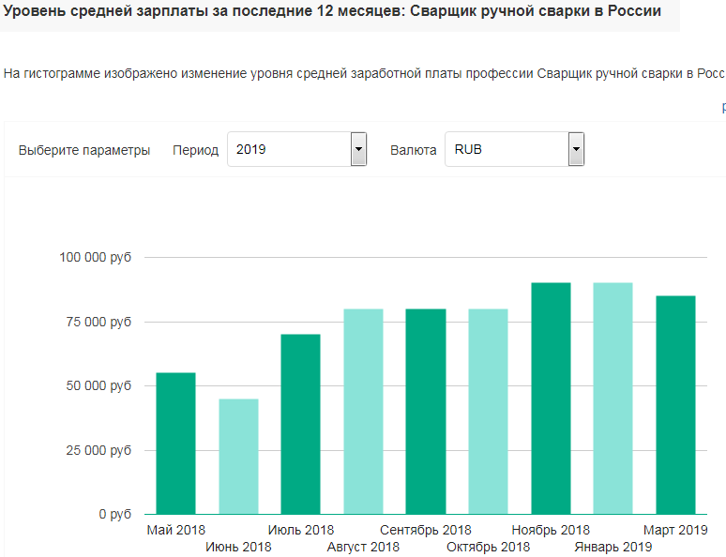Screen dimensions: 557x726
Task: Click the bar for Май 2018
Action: tap(175, 444)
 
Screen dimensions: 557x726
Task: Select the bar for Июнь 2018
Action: tap(238, 457)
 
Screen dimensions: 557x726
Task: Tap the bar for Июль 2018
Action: tap(300, 424)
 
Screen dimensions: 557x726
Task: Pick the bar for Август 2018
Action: tap(363, 412)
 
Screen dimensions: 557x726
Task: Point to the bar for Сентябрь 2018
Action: tap(426, 412)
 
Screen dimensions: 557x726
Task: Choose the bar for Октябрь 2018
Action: tap(488, 412)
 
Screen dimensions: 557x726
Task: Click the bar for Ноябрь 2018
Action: tap(551, 399)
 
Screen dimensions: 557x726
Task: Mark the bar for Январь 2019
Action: tap(613, 399)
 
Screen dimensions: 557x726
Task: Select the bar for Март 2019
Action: tap(675, 405)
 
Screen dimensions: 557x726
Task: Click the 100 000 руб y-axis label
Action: tap(94, 257)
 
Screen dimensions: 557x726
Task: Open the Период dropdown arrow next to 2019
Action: tap(358, 149)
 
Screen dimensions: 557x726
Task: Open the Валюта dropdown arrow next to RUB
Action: tap(576, 149)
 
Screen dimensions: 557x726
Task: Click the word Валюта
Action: tap(413, 150)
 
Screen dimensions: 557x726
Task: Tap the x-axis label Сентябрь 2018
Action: tap(426, 531)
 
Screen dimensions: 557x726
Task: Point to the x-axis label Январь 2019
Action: tap(613, 547)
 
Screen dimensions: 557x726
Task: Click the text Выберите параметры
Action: tap(84, 150)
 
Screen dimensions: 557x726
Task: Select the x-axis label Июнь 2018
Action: tap(238, 547)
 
